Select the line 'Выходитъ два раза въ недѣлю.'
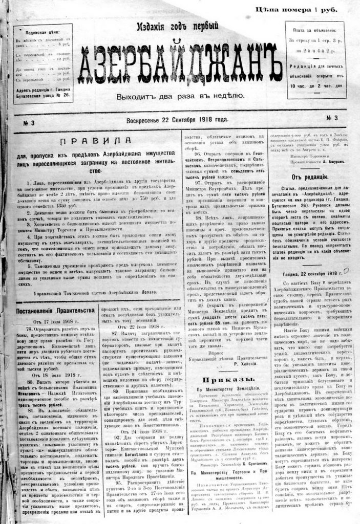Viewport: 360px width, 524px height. [176, 95]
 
